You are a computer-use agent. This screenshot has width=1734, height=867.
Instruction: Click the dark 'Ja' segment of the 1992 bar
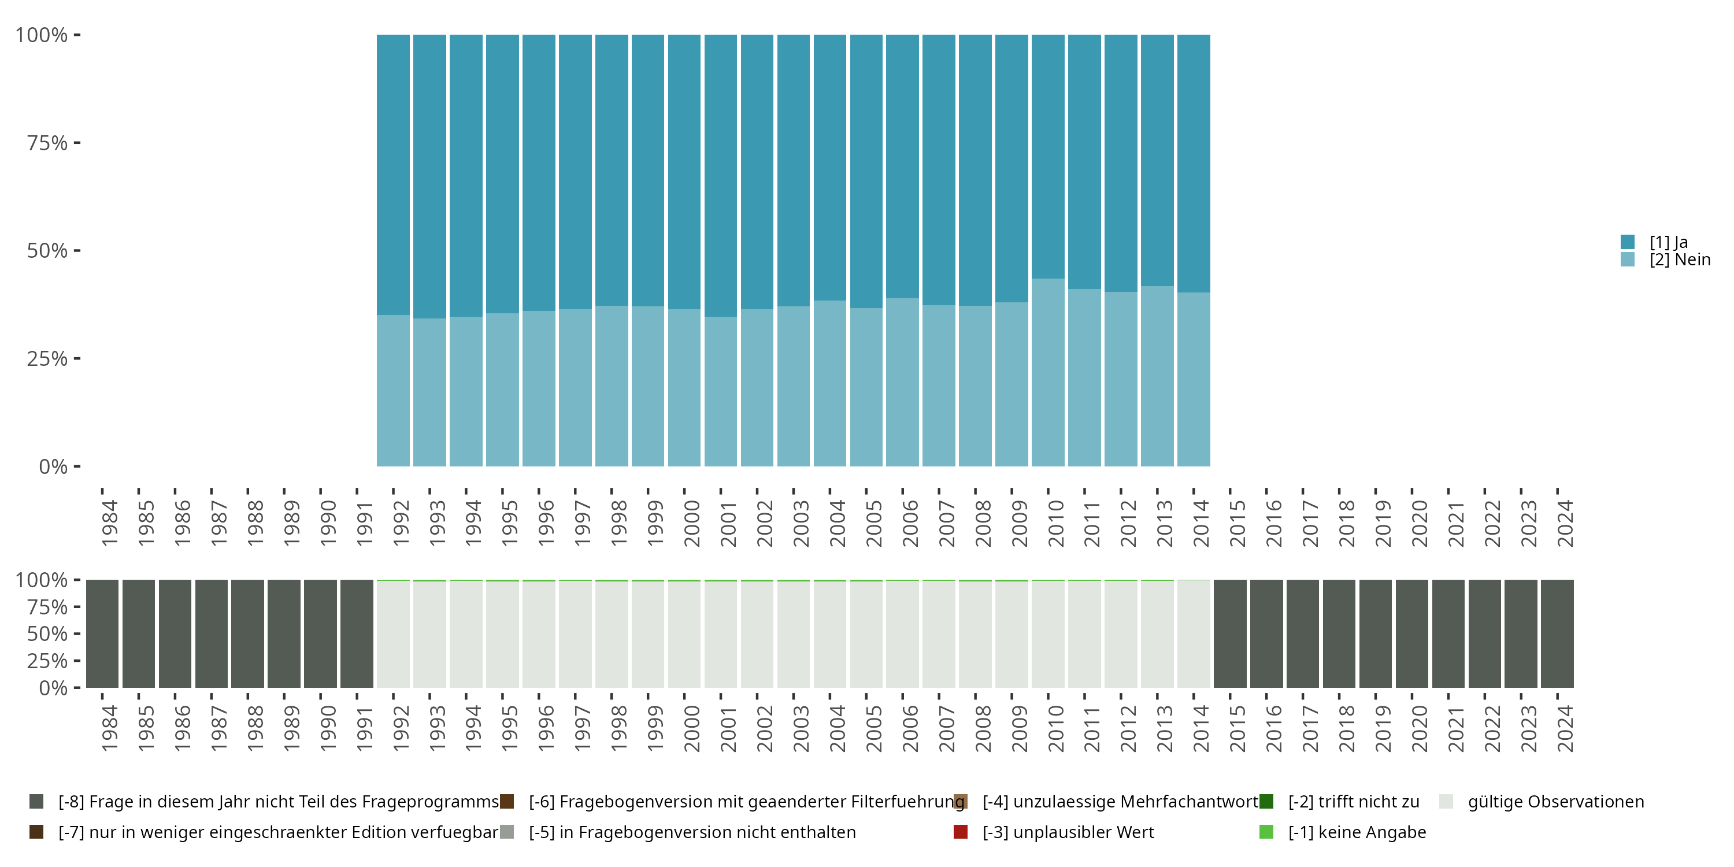point(393,175)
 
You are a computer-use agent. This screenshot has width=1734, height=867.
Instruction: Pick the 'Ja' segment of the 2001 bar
point(720,175)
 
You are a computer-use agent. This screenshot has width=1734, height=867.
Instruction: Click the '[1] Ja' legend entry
point(1668,242)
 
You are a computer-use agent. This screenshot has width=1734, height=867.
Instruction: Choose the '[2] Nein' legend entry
point(1679,260)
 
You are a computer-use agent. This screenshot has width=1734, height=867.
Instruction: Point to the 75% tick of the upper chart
point(47,143)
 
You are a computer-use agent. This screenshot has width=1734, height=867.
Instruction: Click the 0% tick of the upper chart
point(53,466)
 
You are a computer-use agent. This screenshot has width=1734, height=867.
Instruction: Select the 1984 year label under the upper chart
point(110,523)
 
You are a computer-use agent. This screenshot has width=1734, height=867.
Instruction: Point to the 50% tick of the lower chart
point(47,634)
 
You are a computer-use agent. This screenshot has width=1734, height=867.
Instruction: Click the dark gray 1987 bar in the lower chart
point(212,633)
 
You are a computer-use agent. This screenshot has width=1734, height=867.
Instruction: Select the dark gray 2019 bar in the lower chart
point(1375,633)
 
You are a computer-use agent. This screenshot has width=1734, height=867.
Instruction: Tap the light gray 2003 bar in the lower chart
point(793,633)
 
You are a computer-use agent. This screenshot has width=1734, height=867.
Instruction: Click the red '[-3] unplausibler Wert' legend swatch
point(961,832)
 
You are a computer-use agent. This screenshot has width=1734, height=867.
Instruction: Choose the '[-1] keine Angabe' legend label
point(1357,832)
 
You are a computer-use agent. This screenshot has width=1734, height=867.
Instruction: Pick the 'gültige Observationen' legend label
point(1555,802)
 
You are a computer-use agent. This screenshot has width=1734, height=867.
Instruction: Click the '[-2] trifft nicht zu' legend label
point(1353,802)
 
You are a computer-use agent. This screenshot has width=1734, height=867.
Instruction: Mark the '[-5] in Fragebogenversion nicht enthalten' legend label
point(692,832)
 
